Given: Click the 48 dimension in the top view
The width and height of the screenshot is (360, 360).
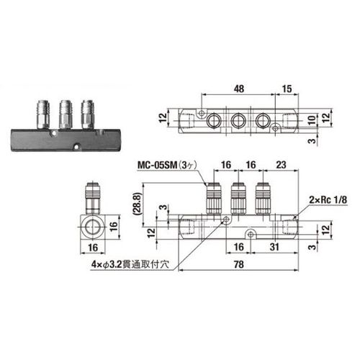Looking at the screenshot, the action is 239,89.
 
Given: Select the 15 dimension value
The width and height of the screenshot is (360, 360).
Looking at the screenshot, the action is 287,89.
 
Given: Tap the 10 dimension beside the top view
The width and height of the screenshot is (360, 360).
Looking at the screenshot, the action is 312,120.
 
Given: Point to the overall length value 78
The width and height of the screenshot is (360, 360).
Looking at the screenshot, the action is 239,264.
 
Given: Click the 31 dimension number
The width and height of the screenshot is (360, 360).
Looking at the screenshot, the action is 274,247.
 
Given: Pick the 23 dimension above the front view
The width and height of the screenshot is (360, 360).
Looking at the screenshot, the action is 281,165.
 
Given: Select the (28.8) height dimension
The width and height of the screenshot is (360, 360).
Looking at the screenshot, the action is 137,204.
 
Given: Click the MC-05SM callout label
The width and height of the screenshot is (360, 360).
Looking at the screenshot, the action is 167,165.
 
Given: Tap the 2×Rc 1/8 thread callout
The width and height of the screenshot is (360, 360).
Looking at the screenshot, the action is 328,199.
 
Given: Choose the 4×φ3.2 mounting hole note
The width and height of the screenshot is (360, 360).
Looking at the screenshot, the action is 130,264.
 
